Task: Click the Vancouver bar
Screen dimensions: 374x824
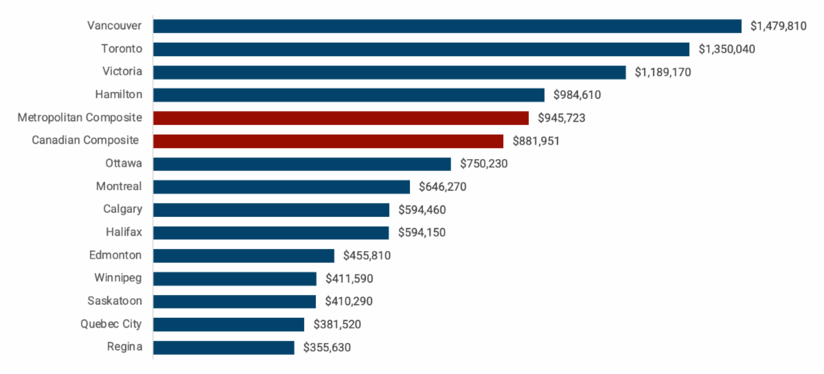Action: [447, 26]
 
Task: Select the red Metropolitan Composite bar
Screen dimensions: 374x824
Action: [341, 118]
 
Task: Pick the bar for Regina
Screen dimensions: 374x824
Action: [223, 347]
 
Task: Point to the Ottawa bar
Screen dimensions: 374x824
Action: [302, 164]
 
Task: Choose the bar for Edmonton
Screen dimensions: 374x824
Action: [244, 255]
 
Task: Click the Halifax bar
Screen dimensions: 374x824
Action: [271, 233]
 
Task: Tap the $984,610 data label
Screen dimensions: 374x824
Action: [577, 95]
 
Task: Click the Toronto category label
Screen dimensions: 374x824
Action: [122, 49]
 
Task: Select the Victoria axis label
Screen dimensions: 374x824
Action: [122, 71]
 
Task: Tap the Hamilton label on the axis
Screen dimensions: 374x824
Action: [119, 95]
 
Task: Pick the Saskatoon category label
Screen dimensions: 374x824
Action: [115, 301]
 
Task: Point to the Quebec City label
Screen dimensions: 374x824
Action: [111, 324]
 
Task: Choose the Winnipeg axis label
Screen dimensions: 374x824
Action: [118, 278]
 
